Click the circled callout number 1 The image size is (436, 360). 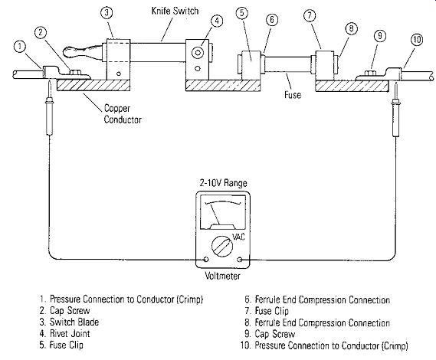pos(19,47)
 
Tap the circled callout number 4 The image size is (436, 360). pos(217,21)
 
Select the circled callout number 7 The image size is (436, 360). pos(310,15)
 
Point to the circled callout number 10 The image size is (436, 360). pos(417,40)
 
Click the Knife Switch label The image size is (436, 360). pos(175,11)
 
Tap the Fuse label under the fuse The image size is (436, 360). pos(293,95)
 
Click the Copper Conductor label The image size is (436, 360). pos(123,114)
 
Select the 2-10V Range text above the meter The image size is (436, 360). pos(223,183)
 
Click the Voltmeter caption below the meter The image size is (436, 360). pos(222,276)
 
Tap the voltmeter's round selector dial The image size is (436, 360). pos(222,247)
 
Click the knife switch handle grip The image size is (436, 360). pos(82,52)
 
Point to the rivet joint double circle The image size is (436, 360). pos(198,53)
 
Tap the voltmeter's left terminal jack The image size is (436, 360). pos(206,260)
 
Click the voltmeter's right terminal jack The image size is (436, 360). pos(239,260)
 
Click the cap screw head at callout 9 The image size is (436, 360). pos(370,74)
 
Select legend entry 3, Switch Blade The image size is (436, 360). pos(69,322)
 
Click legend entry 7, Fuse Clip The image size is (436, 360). pos(267,311)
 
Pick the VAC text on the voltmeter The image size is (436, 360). pos(238,237)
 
